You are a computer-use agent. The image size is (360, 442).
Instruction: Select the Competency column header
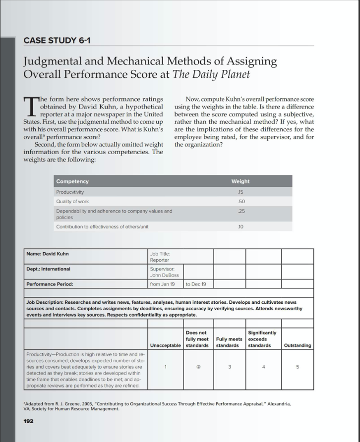coord(72,181)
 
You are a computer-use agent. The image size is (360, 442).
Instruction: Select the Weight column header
coord(240,181)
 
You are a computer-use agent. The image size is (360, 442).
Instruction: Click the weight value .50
coord(240,201)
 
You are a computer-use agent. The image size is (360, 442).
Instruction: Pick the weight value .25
coord(240,211)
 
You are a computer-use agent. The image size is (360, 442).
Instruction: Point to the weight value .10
coord(240,226)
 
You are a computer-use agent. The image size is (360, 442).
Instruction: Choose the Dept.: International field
coord(49,269)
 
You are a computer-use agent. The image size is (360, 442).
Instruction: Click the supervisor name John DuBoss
coord(164,275)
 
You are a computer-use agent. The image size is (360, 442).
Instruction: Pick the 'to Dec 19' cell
coord(196,284)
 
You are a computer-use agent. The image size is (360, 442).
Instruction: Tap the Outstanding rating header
coord(298,345)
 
